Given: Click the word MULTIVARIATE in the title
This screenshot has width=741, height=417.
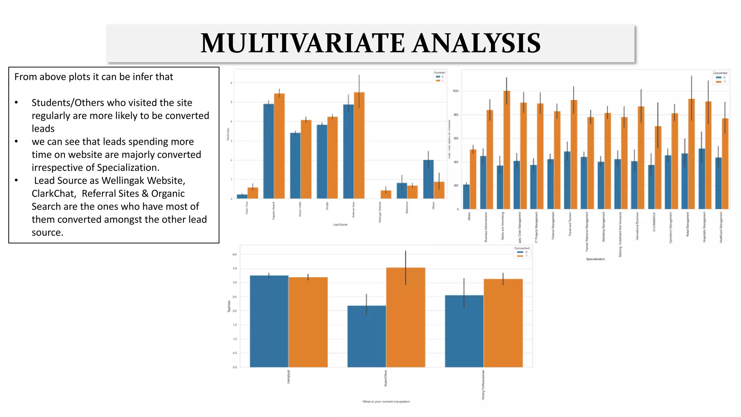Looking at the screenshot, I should [x=302, y=43].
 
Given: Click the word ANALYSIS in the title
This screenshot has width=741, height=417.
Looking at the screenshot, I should [x=477, y=43].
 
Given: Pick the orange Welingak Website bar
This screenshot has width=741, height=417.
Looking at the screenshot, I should [x=386, y=194].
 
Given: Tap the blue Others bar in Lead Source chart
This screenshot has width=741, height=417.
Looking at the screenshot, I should [x=428, y=179].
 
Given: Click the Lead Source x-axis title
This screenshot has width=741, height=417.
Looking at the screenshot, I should [x=340, y=225].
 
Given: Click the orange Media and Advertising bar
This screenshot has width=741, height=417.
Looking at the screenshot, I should [x=507, y=150].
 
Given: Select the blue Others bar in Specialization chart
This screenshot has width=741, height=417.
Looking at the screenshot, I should [x=466, y=197].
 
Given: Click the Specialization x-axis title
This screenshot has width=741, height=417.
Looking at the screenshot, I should [x=595, y=259].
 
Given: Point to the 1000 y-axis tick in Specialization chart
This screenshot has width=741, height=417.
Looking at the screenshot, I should [x=456, y=91].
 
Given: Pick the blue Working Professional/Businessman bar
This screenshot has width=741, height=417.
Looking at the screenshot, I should [x=464, y=331].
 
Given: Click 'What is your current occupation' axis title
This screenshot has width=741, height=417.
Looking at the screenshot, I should [x=386, y=401].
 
